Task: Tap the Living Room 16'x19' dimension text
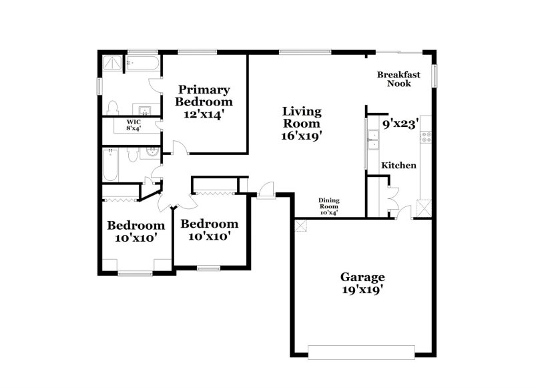point(302,135)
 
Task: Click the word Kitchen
point(398,165)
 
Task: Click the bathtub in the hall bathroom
point(109,165)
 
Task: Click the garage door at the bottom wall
point(361,351)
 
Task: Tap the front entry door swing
point(266,190)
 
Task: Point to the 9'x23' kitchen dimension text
point(400,124)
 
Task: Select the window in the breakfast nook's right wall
point(434,75)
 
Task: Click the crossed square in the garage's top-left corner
point(300,226)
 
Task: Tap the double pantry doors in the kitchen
point(393,198)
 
